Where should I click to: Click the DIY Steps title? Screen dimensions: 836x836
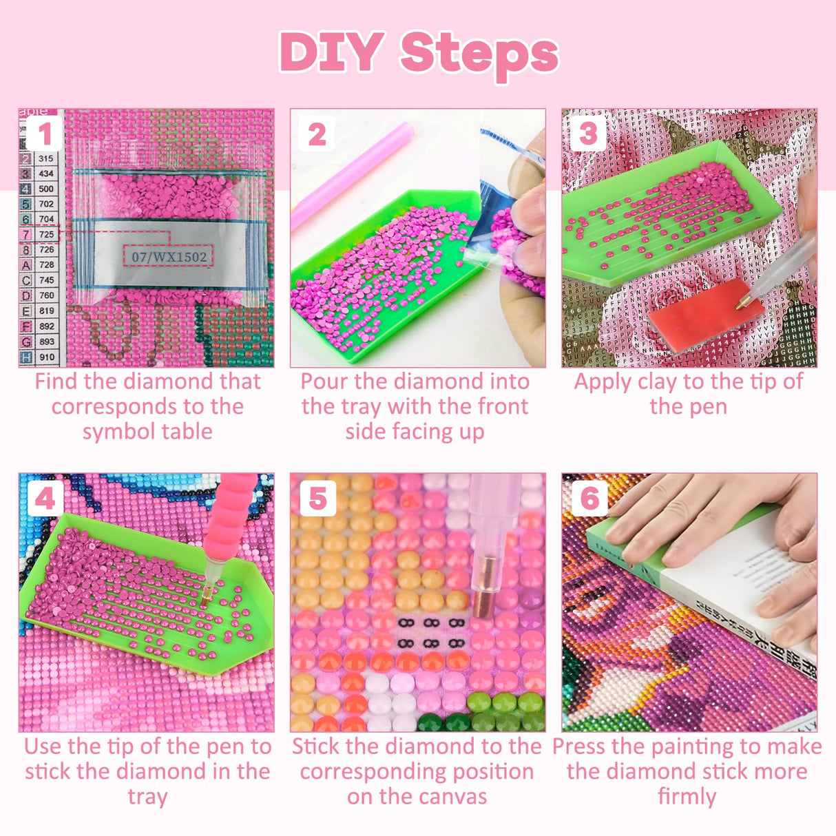(419, 54)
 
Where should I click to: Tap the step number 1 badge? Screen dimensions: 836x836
(45, 134)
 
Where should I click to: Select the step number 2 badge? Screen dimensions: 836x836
(317, 134)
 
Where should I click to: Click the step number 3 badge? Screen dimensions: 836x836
(587, 134)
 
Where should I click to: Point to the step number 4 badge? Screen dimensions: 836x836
(45, 498)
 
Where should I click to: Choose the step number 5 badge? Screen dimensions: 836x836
(317, 499)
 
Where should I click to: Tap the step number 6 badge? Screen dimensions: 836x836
(589, 499)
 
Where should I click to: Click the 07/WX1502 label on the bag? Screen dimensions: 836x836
(169, 257)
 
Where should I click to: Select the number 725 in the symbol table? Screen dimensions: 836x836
(46, 235)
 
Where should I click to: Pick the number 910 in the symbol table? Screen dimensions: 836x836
(46, 357)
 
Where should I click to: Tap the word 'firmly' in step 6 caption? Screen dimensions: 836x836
(687, 797)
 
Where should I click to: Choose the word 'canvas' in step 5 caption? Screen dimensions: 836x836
(454, 797)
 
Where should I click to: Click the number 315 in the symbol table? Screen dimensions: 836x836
(46, 158)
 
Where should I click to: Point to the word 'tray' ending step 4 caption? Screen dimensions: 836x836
(147, 797)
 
